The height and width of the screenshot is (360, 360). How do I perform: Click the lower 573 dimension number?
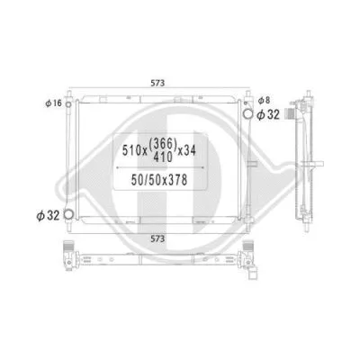click(157, 238)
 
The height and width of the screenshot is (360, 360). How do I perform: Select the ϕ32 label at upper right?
click(270, 115)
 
